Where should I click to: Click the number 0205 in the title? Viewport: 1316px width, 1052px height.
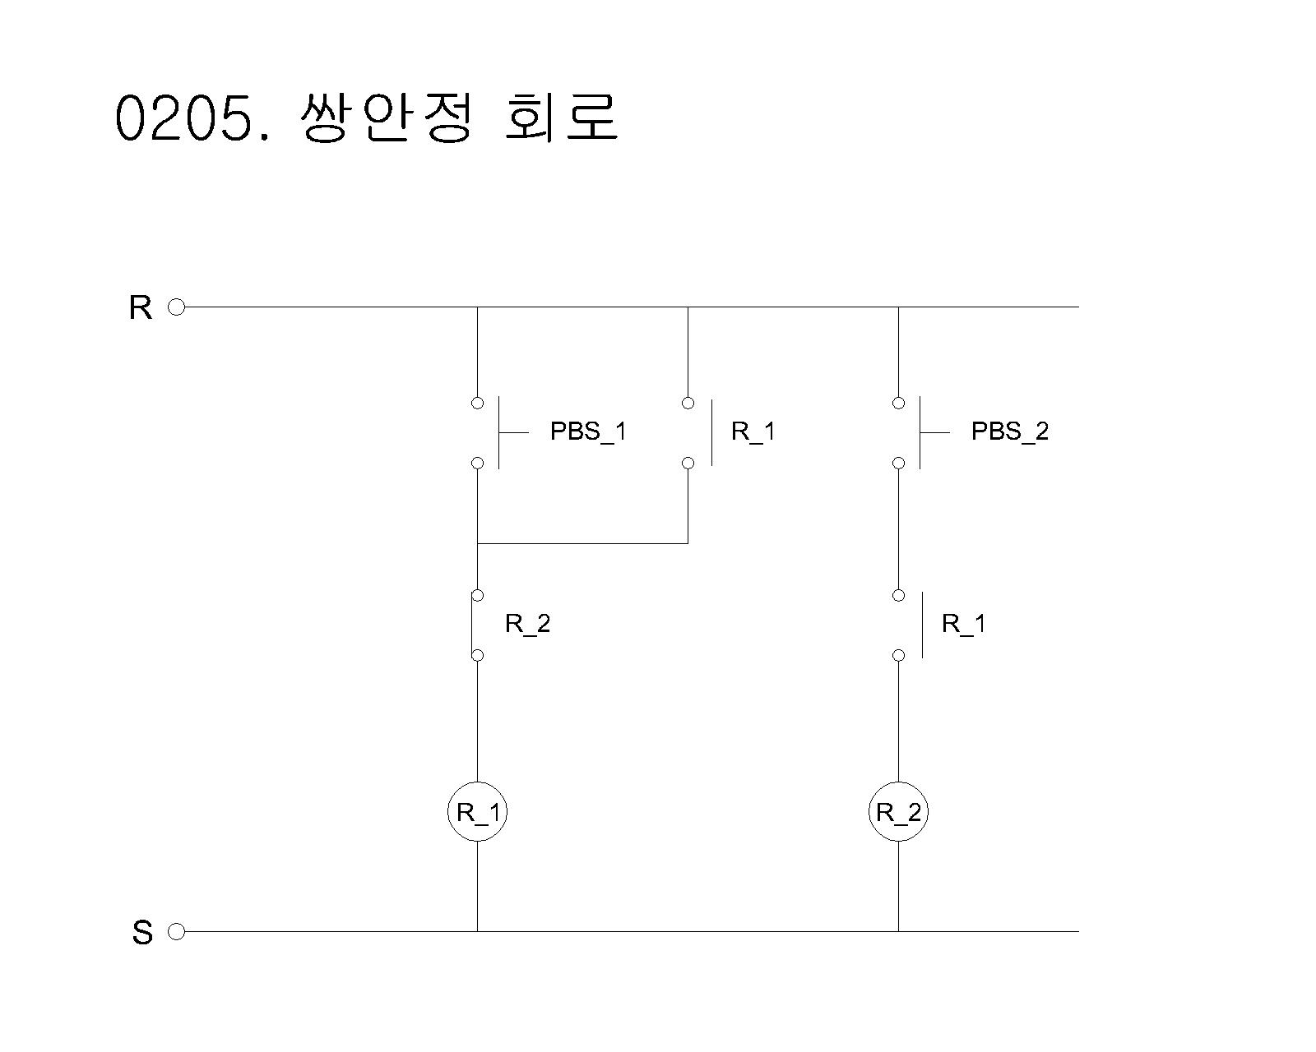184,118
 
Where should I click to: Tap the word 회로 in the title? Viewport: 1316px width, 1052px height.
561,118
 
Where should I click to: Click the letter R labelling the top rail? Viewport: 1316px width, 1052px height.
141,308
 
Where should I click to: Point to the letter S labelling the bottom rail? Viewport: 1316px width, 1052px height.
142,933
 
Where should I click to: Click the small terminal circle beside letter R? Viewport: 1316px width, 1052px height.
176,307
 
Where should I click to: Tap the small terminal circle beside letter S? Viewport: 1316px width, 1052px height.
176,931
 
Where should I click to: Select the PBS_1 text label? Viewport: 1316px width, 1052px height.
588,431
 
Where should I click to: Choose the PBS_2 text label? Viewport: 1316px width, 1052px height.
1010,431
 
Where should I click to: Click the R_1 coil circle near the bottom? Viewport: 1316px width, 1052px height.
477,812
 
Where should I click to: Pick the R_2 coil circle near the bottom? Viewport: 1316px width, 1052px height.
898,812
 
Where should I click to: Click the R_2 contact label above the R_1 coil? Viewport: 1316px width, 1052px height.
527,624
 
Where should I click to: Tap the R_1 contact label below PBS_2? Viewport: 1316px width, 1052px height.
963,624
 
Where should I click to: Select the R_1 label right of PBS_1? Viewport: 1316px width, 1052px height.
753,431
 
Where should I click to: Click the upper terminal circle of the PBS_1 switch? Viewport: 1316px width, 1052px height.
477,403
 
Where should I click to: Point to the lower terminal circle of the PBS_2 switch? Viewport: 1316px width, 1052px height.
898,464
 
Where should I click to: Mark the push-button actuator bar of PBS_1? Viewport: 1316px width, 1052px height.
500,432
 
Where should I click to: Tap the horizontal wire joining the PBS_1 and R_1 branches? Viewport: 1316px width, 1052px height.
582,543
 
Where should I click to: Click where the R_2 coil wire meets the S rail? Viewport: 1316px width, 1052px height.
898,931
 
